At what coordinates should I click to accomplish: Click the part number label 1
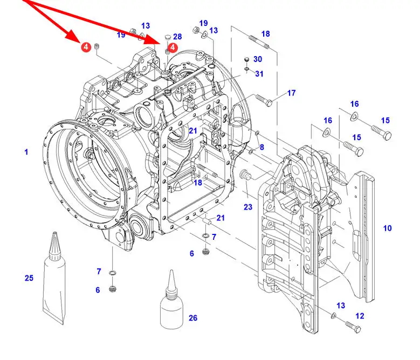[x=26, y=152]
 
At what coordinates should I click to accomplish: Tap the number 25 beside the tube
[x=29, y=278]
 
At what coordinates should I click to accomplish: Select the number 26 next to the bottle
[x=193, y=318]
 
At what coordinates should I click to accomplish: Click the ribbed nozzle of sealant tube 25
[x=55, y=246]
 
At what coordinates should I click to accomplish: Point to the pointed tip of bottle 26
[x=171, y=271]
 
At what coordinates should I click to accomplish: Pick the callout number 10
[x=387, y=228]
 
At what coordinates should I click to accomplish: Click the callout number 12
[x=360, y=316]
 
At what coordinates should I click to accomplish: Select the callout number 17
[x=292, y=93]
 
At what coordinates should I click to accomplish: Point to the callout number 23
[x=248, y=206]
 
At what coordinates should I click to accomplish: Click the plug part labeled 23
[x=245, y=175]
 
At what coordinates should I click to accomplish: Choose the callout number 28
[x=177, y=37]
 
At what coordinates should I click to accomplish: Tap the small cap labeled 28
[x=168, y=37]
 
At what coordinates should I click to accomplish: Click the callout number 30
[x=258, y=59]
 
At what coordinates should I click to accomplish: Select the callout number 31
[x=259, y=73]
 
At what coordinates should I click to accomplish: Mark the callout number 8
[x=261, y=147]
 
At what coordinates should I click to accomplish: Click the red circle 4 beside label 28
[x=173, y=47]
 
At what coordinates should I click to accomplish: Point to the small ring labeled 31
[x=247, y=70]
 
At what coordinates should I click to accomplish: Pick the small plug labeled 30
[x=247, y=59]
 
